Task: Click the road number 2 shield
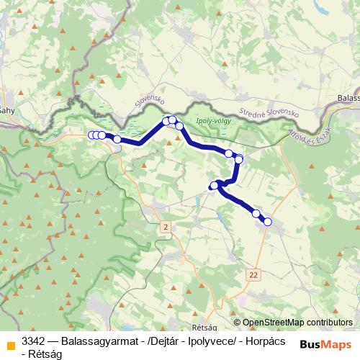click(x=166, y=228)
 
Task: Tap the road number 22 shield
click(x=254, y=274)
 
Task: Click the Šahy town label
click(x=7, y=110)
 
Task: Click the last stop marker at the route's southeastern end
click(x=268, y=222)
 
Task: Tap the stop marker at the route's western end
click(x=91, y=135)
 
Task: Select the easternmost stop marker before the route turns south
click(x=239, y=158)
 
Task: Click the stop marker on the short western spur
click(x=214, y=186)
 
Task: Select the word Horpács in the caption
click(x=266, y=341)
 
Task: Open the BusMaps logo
click(x=326, y=344)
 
